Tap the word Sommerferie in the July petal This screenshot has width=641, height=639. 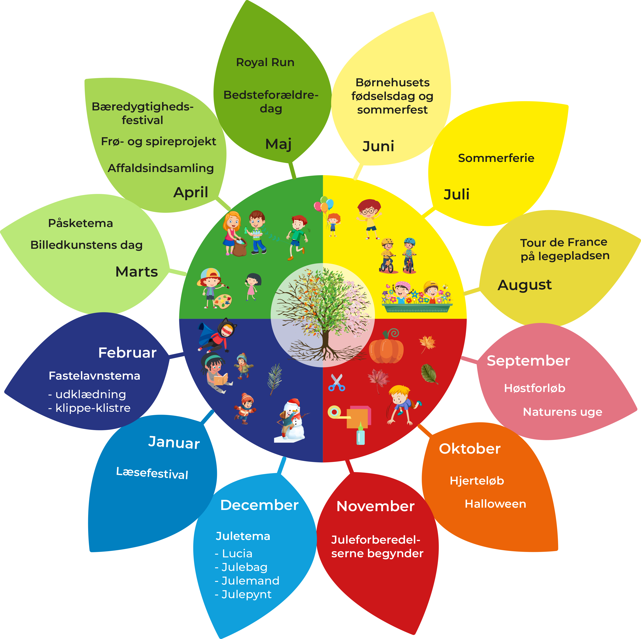tap(496, 158)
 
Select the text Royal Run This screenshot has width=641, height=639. tap(265, 62)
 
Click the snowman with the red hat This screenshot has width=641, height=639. tap(292, 419)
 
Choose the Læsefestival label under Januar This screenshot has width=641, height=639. tap(152, 473)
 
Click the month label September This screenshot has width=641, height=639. tap(528, 361)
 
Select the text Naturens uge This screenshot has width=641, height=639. tap(562, 412)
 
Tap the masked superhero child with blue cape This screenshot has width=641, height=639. tap(217, 335)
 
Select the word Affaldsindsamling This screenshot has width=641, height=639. tap(161, 168)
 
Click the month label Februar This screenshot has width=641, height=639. tap(127, 353)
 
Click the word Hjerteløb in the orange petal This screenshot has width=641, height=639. tap(477, 481)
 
